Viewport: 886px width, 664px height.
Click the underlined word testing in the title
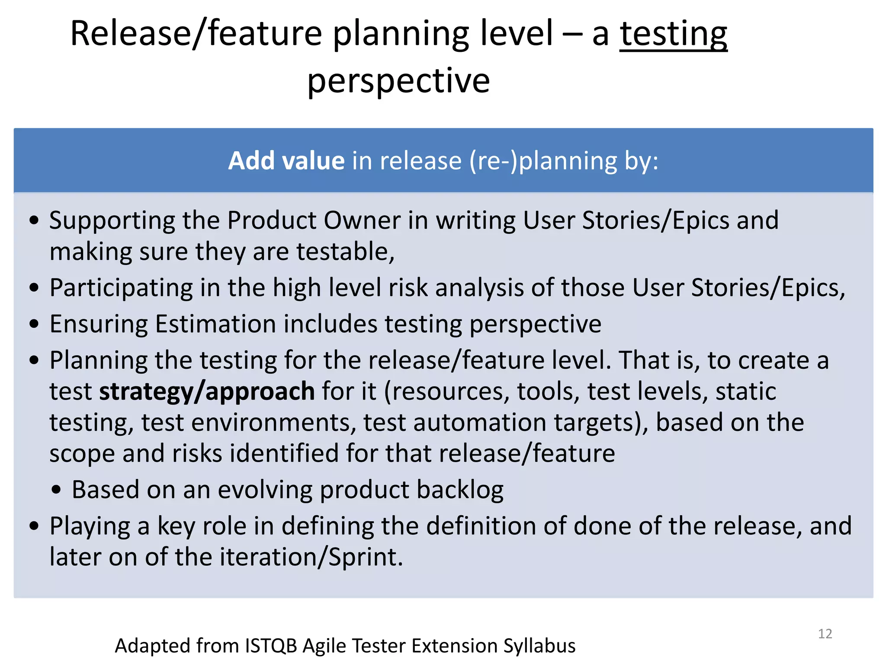click(673, 35)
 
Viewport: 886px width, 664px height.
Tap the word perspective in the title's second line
click(398, 81)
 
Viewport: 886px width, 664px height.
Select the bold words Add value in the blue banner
click(286, 161)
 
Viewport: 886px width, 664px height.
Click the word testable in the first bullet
click(345, 252)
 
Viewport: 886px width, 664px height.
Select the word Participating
click(121, 288)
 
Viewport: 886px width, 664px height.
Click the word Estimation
click(215, 324)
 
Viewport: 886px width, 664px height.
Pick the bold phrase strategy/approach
click(207, 392)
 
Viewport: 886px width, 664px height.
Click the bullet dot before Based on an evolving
click(56, 491)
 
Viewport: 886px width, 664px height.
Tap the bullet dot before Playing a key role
click(34, 527)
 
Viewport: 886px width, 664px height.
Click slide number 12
click(825, 634)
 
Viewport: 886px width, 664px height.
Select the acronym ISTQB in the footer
click(271, 646)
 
